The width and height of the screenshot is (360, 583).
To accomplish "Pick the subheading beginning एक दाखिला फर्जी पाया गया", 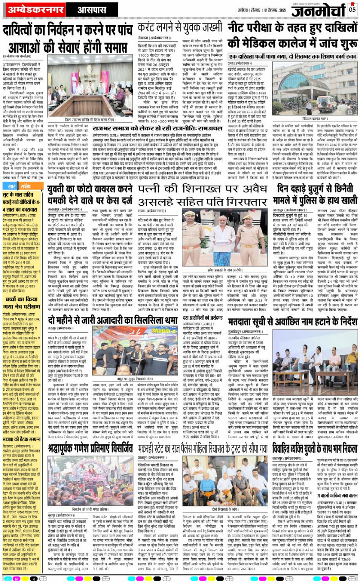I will pyautogui.click(x=291, y=57).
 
